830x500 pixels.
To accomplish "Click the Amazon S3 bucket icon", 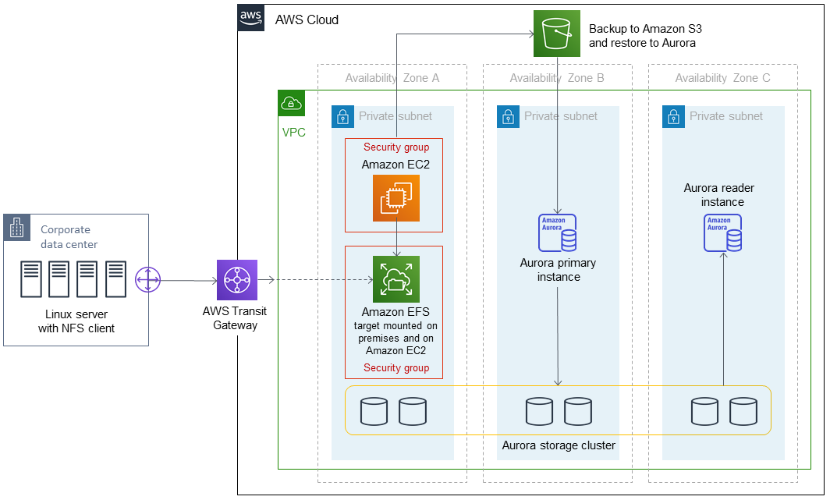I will pos(557,34).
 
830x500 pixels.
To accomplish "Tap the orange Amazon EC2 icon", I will pos(395,197).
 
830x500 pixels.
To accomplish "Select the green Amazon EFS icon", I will pos(396,279).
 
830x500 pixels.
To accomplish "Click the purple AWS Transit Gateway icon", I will pos(236,280).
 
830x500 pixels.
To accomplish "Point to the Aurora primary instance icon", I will pos(558,232).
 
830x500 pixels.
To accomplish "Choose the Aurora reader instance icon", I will pos(722,232).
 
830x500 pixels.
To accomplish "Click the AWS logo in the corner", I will pos(251,17).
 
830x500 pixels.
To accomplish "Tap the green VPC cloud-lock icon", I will pos(291,103).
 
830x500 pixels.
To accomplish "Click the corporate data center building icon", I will pos(16,229).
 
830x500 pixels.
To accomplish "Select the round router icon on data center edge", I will pos(147,280).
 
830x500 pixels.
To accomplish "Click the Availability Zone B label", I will pos(557,78).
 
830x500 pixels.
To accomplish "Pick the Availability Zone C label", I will pos(722,78).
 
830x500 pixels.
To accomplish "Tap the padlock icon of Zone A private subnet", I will pos(342,117).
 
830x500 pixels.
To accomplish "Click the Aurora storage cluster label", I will pos(559,445).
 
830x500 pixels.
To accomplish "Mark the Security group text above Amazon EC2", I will pos(396,147).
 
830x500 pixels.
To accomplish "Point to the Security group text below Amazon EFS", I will pos(396,368).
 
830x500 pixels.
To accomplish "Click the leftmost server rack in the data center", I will pos(31,280).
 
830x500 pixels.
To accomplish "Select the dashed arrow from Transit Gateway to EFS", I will pos(320,280).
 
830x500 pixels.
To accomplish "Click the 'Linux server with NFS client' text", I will pos(76,321).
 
